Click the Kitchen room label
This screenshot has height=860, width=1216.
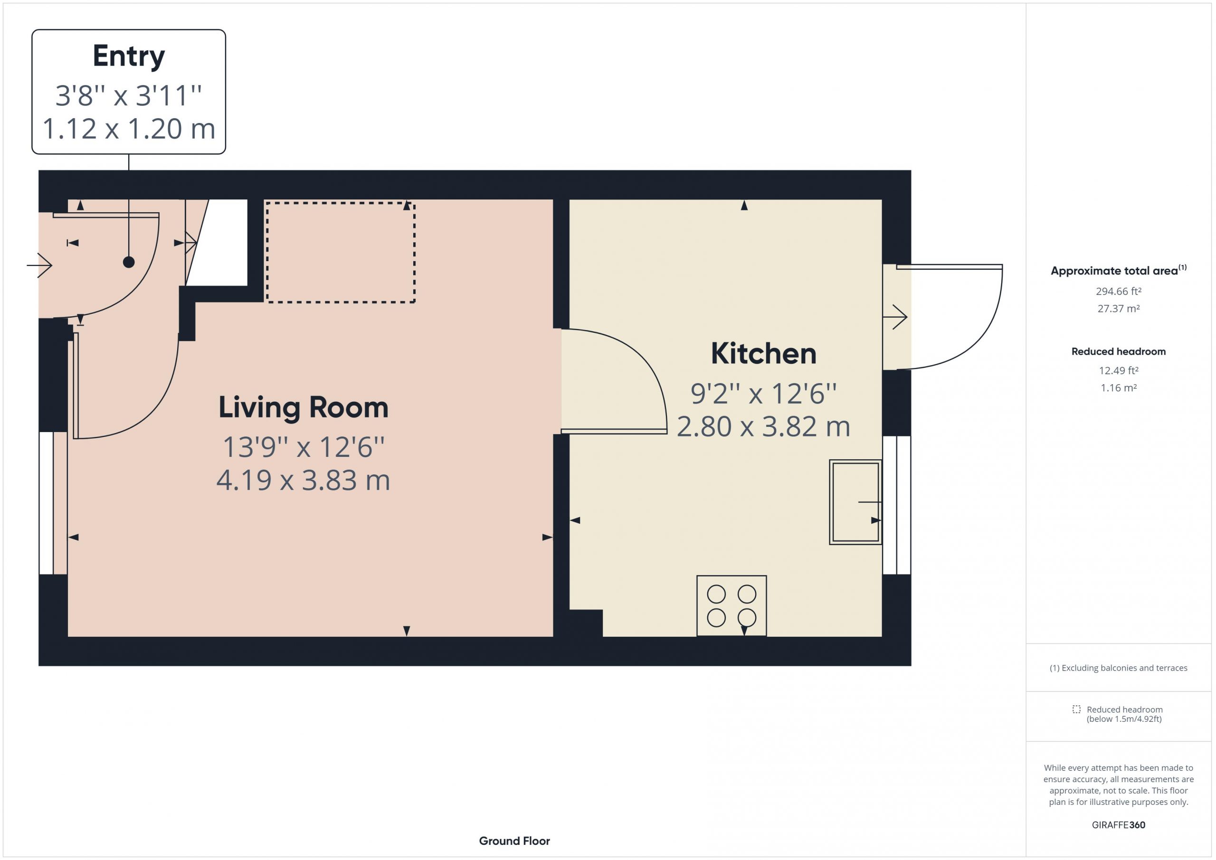763,353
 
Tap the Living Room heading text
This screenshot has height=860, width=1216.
304,408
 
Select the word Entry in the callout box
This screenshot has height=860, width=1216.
129,56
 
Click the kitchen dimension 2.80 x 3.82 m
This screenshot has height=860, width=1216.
763,426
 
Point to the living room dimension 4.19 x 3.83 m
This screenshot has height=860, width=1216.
304,480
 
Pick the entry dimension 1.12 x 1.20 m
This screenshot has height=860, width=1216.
129,129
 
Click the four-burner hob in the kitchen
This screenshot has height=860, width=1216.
731,606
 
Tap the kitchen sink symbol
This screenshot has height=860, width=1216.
855,502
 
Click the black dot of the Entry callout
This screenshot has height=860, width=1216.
129,262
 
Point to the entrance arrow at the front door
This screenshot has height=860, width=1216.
39,265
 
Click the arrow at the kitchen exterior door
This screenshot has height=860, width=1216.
895,317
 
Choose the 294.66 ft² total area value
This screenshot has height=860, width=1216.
1118,291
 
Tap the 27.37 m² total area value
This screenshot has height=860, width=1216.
1118,308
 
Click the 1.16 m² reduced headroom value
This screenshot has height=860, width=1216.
1118,387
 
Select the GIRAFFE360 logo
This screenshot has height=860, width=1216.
1118,824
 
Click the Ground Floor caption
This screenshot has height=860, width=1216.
514,841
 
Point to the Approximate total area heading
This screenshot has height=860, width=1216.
1118,270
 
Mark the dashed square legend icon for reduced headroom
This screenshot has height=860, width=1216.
1076,709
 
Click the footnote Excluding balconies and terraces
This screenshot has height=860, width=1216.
1118,668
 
